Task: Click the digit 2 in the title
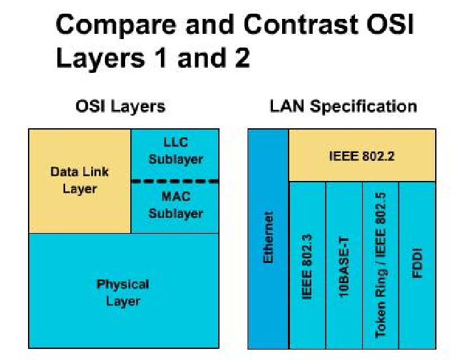240,58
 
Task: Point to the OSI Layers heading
121,106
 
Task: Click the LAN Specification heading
343,106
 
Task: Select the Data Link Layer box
79,180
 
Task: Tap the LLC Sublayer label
175,150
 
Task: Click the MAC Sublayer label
175,204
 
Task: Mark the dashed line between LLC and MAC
175,180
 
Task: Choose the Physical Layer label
123,292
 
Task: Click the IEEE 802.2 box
362,156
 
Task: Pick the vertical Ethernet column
268,238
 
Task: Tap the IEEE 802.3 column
307,265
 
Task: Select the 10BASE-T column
344,265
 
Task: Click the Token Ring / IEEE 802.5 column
380,265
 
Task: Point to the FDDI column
417,265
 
